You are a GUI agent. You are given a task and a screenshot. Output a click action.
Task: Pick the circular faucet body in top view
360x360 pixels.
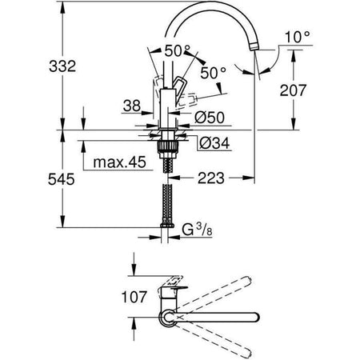[169, 318]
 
